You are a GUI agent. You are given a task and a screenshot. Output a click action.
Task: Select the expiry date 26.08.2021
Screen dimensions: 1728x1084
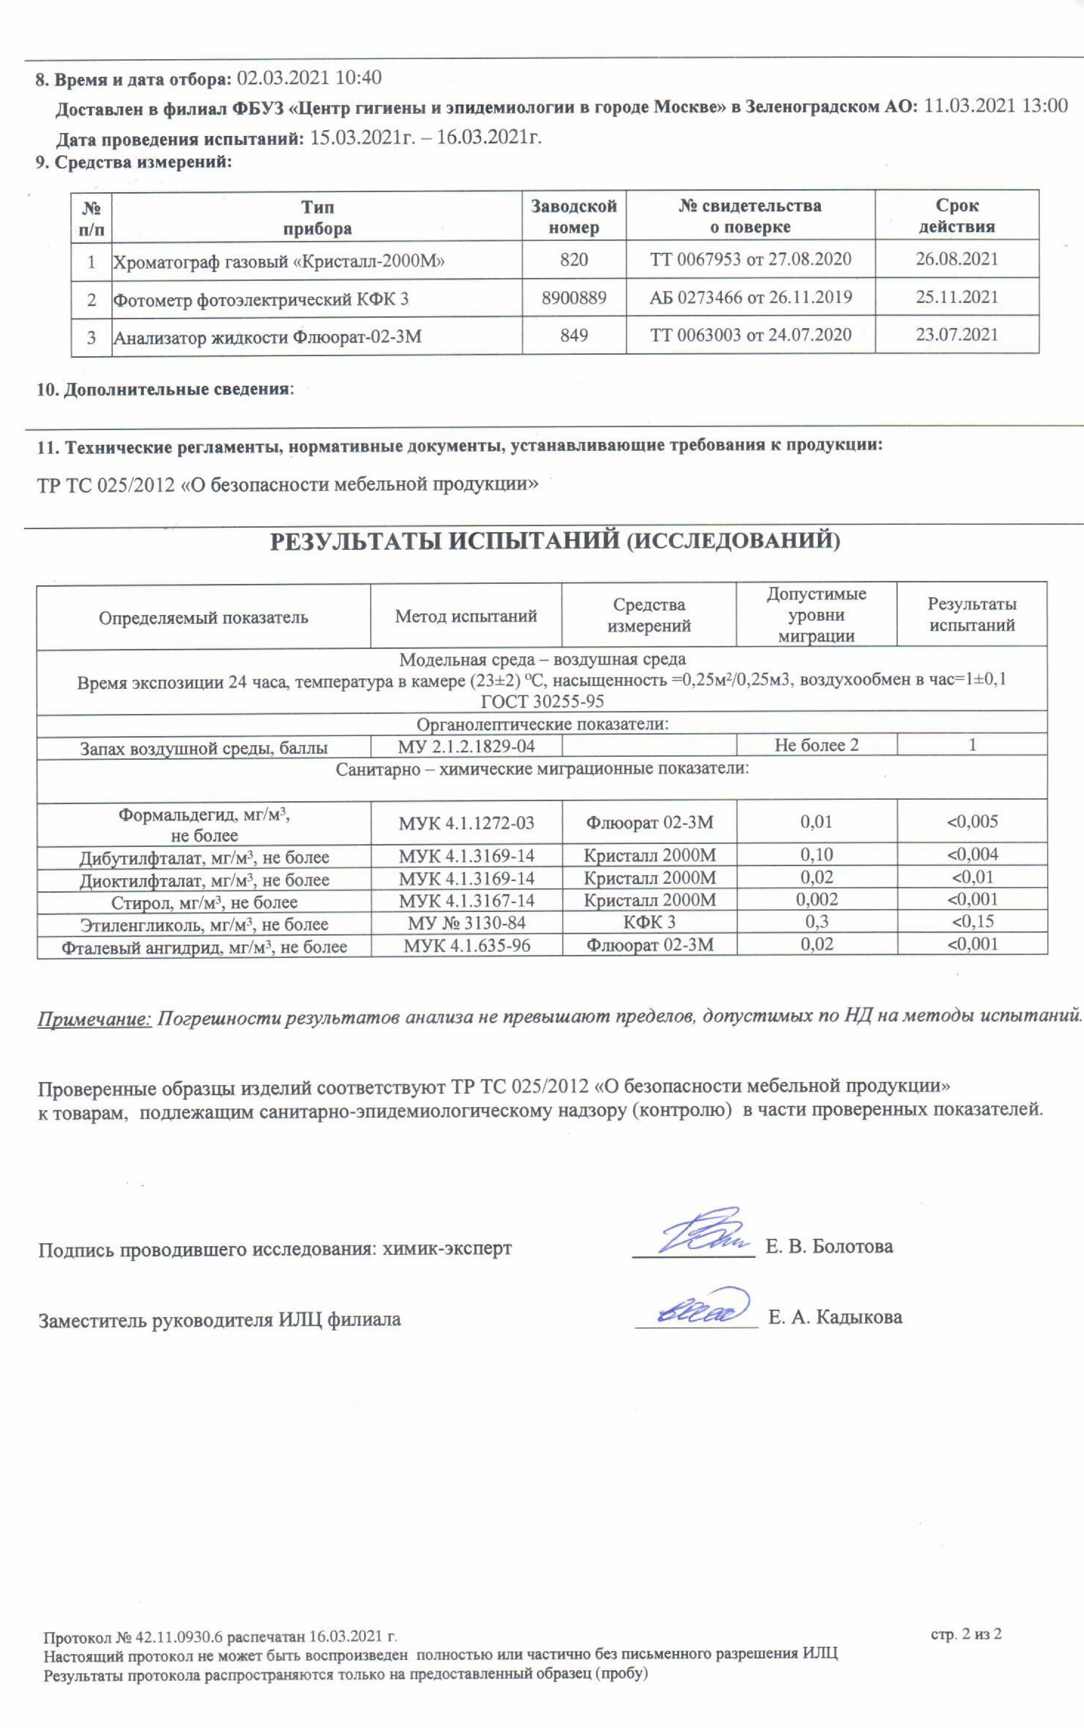pyautogui.click(x=956, y=259)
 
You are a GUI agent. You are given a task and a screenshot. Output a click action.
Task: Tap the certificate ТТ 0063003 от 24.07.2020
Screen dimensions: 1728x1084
pyautogui.click(x=750, y=335)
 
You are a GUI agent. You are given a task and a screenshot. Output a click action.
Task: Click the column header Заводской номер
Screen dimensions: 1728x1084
pyautogui.click(x=574, y=216)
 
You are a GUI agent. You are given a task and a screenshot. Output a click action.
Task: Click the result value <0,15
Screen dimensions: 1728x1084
pyautogui.click(x=972, y=922)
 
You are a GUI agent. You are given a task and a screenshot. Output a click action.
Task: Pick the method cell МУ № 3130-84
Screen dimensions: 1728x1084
pyautogui.click(x=466, y=922)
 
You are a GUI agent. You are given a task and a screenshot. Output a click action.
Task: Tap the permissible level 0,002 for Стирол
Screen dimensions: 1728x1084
pyautogui.click(x=816, y=900)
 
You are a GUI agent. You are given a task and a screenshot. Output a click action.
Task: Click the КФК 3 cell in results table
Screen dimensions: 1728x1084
pyautogui.click(x=649, y=922)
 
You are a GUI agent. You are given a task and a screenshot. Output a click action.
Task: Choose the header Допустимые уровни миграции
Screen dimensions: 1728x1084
pyautogui.click(x=816, y=614)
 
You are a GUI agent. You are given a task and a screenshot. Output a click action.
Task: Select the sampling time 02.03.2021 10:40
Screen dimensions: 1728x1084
pyautogui.click(x=309, y=77)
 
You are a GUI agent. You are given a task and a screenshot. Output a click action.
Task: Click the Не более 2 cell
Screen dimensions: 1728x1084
pyautogui.click(x=816, y=745)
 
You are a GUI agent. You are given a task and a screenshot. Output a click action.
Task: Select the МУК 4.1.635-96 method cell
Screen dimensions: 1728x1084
pyautogui.click(x=466, y=946)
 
